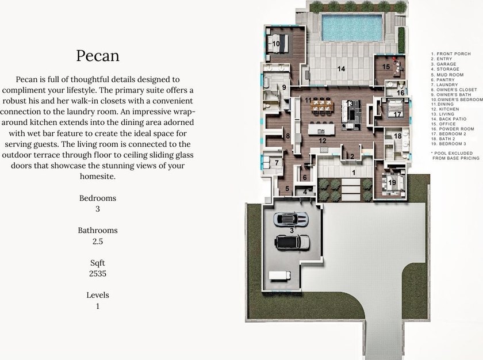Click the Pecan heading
click(98, 56)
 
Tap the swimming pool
click(352, 28)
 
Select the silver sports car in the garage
click(291, 219)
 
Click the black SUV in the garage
click(292, 242)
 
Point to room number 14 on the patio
click(340, 69)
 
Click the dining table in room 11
click(323, 106)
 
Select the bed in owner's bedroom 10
click(277, 44)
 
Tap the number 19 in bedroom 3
click(392, 183)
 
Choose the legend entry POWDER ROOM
click(453, 129)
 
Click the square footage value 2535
click(98, 274)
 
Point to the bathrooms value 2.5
click(98, 242)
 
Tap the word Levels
click(98, 295)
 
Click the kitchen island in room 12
click(321, 128)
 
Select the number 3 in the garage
click(292, 230)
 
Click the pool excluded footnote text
click(456, 155)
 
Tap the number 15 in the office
click(386, 67)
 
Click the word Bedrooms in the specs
click(98, 198)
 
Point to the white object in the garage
click(279, 275)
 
